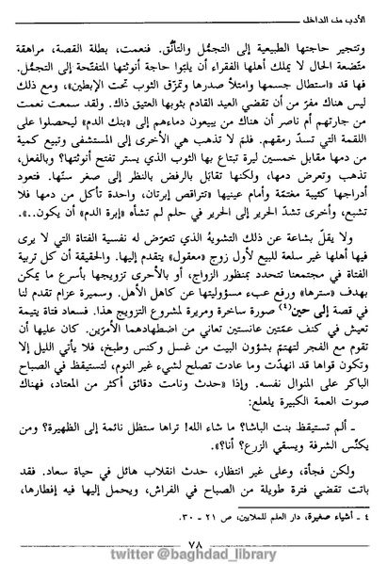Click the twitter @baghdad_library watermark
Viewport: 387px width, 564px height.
(193, 550)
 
